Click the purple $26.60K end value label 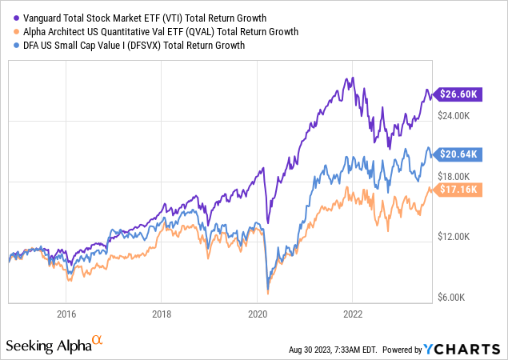click(460, 94)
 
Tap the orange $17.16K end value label click(460, 190)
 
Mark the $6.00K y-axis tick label click(459, 298)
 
